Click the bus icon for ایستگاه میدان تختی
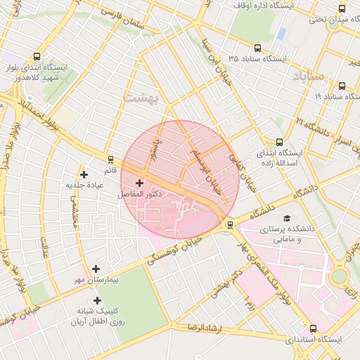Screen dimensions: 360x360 tap(342, 9)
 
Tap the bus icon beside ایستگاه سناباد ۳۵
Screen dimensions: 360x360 tap(257, 49)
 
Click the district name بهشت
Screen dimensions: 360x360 tap(141, 98)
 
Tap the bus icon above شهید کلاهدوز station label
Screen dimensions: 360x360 tap(37, 56)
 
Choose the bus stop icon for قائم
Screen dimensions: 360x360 tap(110, 159)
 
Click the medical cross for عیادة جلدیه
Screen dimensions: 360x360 tap(84, 174)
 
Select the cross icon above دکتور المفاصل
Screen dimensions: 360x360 tap(139, 182)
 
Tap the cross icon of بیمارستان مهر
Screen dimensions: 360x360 tap(96, 268)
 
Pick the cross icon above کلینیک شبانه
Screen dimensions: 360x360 tap(96, 300)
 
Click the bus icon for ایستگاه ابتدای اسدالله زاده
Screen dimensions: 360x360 tap(280, 141)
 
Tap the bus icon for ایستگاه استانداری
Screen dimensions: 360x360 tap(312, 328)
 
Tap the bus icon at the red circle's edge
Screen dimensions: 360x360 tap(230, 225)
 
